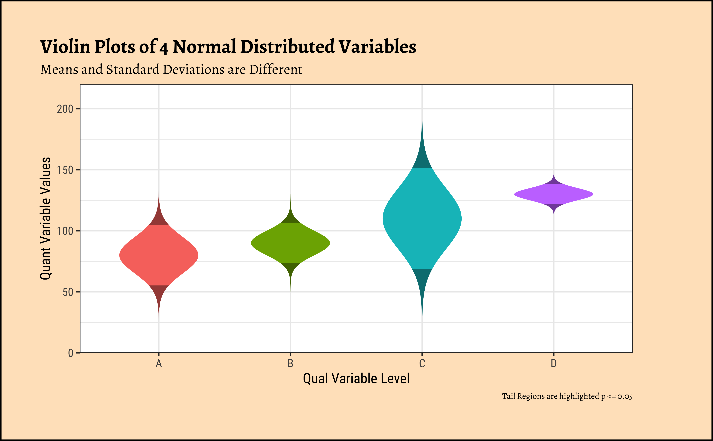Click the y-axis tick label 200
(65, 109)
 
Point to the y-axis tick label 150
(65, 170)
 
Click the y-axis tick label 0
(70, 353)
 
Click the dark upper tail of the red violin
(159, 217)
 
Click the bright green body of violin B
(290, 243)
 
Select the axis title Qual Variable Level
(356, 379)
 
